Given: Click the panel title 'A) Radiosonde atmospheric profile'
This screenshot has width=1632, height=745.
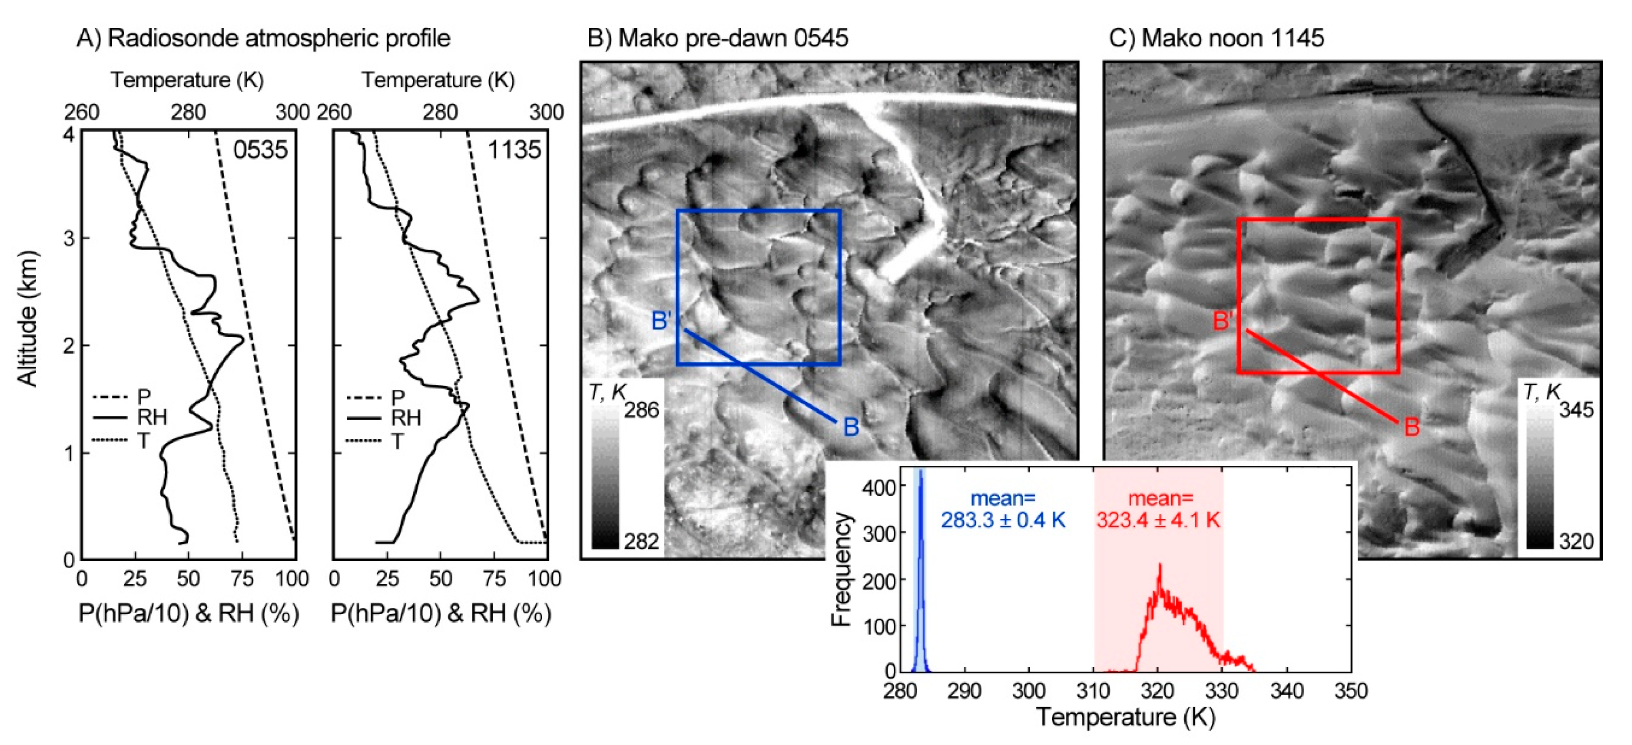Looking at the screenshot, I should tap(263, 38).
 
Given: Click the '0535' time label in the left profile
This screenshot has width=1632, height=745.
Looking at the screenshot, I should tap(260, 150).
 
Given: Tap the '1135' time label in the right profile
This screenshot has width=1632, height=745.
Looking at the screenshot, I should tap(514, 150).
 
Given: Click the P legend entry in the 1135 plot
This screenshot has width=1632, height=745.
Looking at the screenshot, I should tap(398, 398).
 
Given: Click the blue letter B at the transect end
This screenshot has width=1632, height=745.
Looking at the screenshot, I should tap(851, 427).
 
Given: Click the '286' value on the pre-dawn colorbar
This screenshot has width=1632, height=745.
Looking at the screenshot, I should tap(641, 410).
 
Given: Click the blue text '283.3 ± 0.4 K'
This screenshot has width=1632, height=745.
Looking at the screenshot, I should tap(1003, 520).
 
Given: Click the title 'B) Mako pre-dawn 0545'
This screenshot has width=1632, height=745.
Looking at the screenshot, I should tap(717, 38).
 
